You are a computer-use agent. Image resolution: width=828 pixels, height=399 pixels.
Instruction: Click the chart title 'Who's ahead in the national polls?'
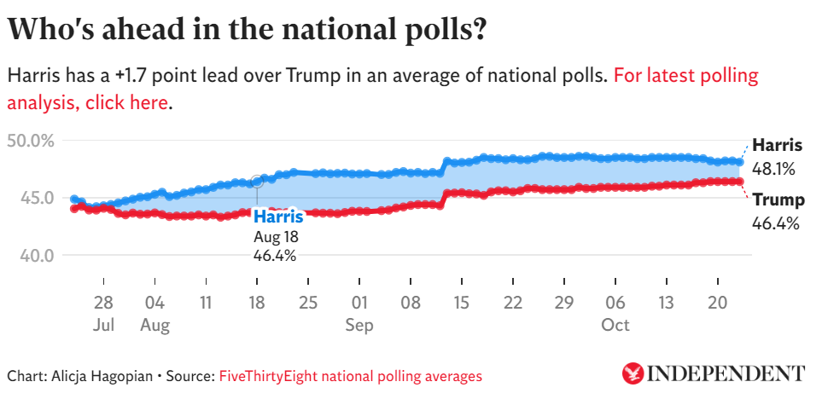pos(248,31)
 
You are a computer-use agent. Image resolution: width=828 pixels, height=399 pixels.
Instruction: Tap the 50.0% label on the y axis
pos(31,140)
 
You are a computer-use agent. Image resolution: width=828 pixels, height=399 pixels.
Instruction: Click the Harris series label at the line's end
pos(777,145)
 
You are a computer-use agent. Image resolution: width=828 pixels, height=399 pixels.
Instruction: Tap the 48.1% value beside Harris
pos(773,168)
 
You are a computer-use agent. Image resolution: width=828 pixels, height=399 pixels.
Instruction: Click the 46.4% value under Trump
pos(775,224)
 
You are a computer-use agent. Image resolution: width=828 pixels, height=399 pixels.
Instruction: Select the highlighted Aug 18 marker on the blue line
pos(256,181)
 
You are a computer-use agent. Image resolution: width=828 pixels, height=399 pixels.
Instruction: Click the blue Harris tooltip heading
pos(278,217)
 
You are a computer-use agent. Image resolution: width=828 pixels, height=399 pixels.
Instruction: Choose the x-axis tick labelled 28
pos(103,303)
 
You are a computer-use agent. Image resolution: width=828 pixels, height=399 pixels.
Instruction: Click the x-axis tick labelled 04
pos(155,303)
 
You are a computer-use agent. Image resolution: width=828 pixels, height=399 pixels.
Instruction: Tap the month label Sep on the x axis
pos(359,325)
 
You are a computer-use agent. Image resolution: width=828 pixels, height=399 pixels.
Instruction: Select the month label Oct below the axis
pos(615,325)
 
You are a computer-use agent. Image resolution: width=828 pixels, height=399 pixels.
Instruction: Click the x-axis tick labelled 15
pos(462,303)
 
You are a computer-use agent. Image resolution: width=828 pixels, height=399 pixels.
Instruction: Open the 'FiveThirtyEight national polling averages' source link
pos(350,375)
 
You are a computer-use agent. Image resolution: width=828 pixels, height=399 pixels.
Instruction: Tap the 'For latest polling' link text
pos(685,75)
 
